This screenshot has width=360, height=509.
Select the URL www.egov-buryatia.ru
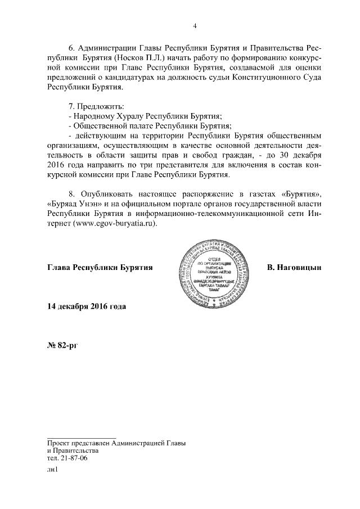113,223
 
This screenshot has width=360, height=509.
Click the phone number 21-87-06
74,459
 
